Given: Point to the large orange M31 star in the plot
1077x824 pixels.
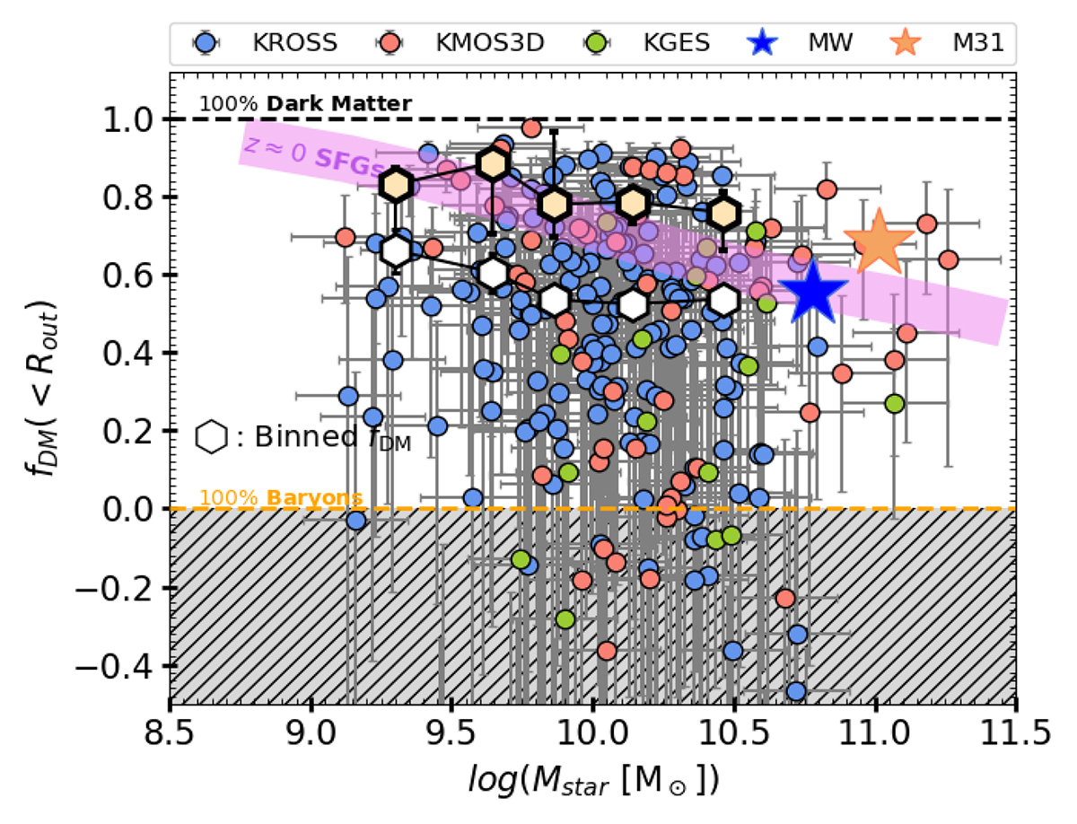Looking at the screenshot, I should (879, 243).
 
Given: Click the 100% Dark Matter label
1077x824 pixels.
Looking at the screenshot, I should (305, 104).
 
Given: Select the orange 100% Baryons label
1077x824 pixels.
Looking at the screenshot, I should (281, 496).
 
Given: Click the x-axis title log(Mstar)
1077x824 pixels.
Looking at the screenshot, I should (593, 773).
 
